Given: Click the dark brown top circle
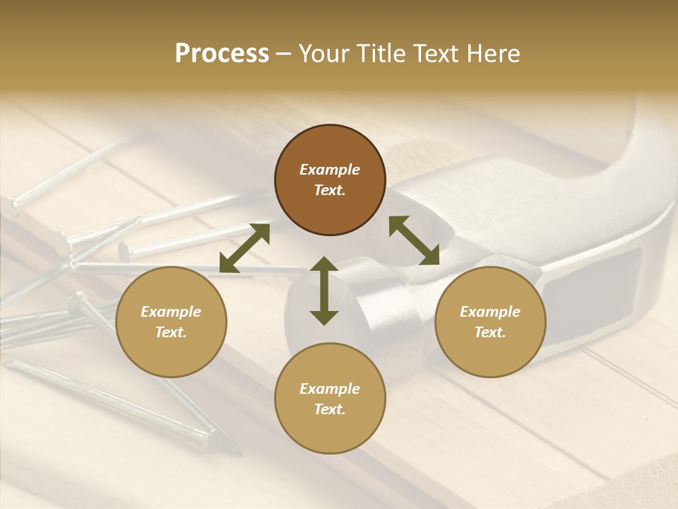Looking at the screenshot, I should click(330, 180).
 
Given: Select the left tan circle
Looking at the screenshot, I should click(171, 322).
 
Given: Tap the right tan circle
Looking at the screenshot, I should click(490, 322).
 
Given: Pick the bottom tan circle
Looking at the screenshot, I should click(330, 399).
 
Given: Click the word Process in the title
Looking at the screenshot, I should click(222, 54).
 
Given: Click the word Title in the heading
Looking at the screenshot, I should click(381, 54).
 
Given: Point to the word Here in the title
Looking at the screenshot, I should click(492, 54).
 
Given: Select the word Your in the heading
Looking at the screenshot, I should click(326, 54).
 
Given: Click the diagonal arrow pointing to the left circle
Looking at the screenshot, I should click(244, 247).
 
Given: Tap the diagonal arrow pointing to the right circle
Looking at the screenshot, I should click(414, 240).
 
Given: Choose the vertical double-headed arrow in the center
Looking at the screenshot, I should click(324, 291).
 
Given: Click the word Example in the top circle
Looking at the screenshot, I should click(330, 170).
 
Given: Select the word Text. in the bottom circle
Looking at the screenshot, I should click(330, 409).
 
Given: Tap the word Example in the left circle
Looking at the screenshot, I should click(171, 312).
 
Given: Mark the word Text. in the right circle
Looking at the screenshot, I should click(490, 332).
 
